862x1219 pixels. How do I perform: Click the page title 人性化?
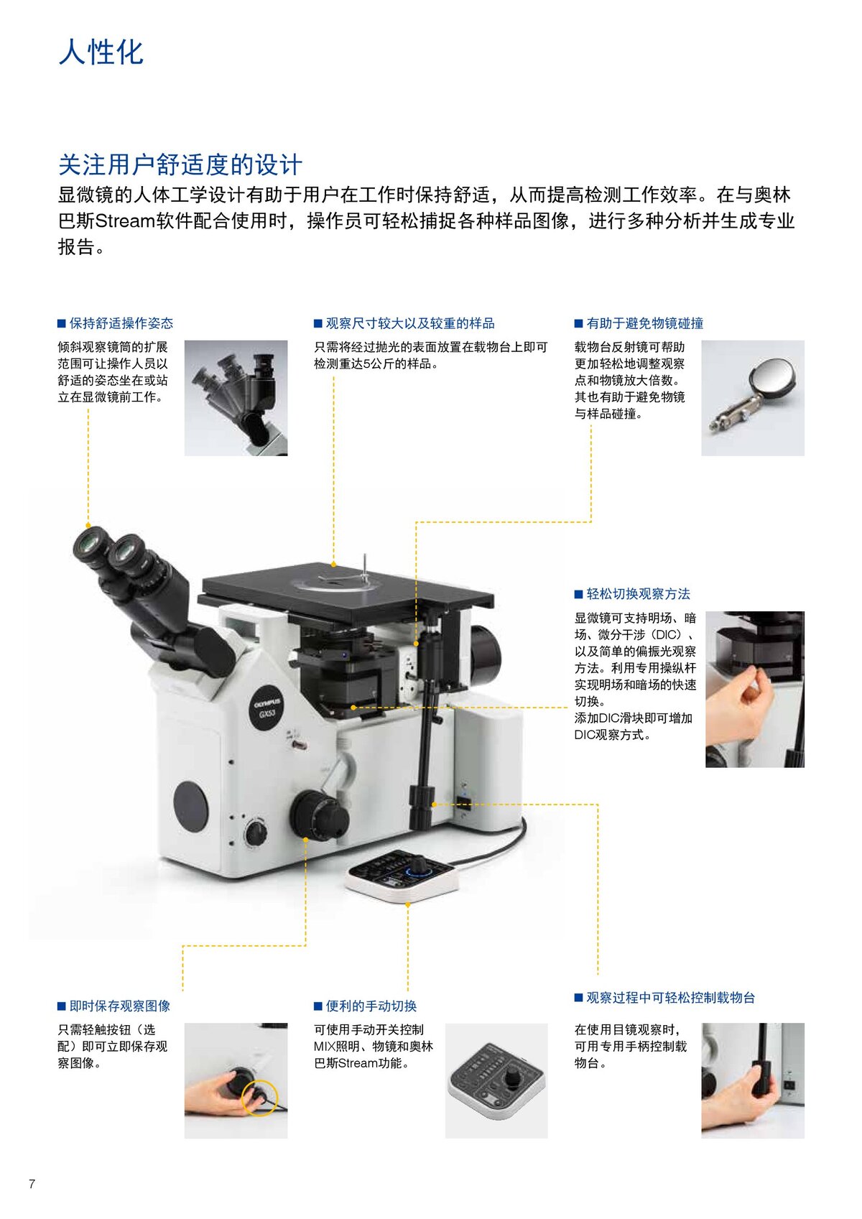coord(101,52)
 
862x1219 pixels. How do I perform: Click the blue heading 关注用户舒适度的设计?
coord(180,164)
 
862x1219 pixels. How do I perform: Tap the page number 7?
coord(32,1184)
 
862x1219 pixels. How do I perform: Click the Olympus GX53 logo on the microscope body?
coord(267,707)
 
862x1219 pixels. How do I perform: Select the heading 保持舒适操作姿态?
coord(121,323)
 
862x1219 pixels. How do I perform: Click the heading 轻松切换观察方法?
coord(638,594)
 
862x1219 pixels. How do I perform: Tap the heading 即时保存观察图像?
coord(119,1006)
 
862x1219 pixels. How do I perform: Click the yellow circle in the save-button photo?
coord(259,1097)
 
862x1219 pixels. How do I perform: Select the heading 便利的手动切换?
coord(371,1006)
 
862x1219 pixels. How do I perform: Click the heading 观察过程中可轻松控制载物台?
coord(670,997)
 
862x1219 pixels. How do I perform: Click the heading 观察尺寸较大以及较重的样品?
coord(409,323)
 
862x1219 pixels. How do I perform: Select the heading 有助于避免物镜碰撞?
coord(644,323)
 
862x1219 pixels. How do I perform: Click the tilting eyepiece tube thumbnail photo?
coord(236,397)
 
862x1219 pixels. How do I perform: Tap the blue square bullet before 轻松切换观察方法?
coord(578,594)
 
